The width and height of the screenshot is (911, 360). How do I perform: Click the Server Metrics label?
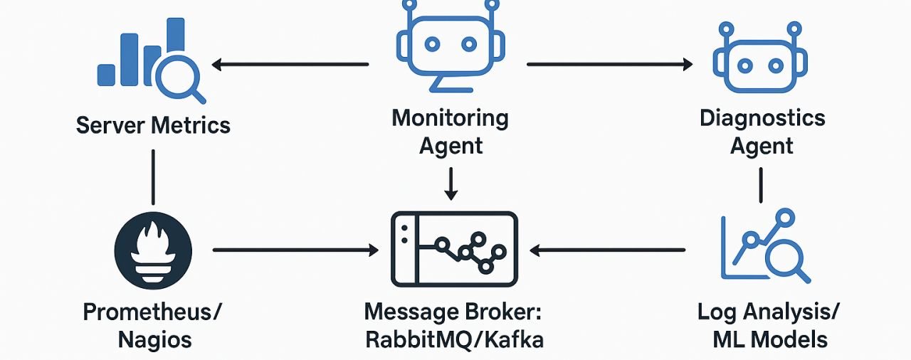pos(153,126)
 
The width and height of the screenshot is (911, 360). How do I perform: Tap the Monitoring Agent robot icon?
pos(450,46)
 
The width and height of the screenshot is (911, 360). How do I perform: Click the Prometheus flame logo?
pos(154,250)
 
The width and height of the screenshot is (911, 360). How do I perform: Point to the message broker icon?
pos(453,250)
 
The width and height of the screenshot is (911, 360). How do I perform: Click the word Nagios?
pos(154,340)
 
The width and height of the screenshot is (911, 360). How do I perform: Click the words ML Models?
pos(770,340)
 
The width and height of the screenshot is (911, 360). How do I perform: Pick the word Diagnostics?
pos(762,118)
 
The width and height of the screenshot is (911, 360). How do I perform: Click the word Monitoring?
pos(451,118)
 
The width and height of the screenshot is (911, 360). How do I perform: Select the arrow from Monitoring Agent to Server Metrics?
pos(290,65)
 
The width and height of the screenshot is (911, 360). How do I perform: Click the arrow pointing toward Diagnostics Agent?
pos(609,65)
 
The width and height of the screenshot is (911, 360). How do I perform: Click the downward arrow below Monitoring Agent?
pos(451,183)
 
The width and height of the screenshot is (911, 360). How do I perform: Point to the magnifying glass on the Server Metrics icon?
pos(179,79)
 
